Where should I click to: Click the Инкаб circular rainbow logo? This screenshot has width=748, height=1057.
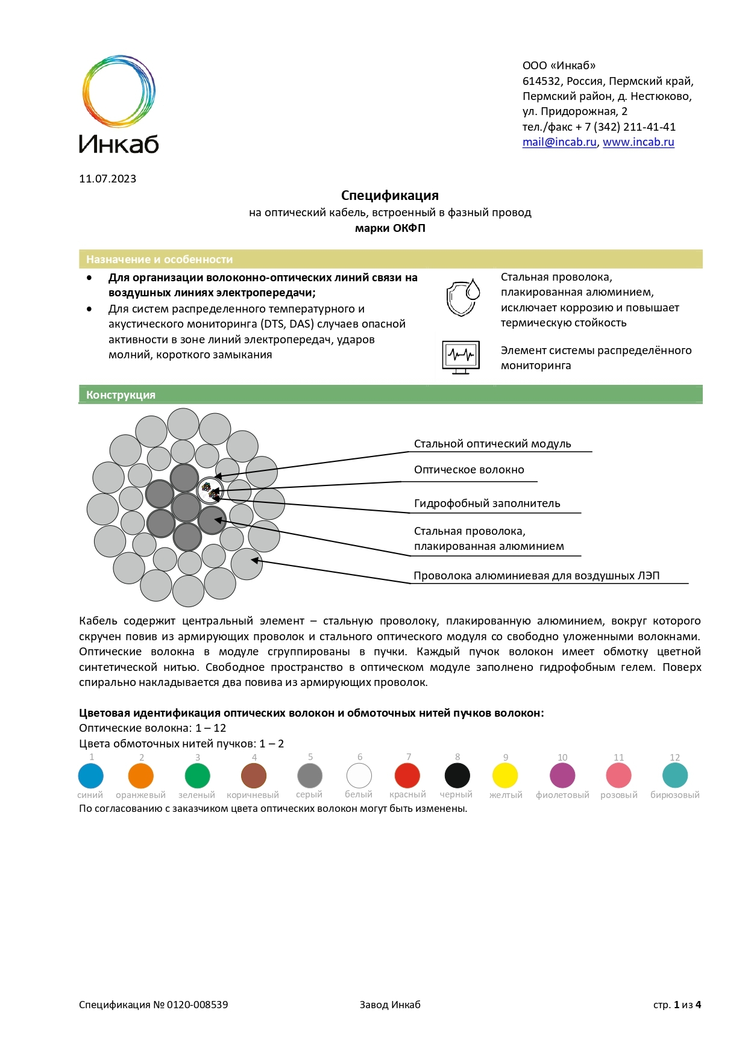point(119,92)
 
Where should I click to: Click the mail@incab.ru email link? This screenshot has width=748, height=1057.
point(559,142)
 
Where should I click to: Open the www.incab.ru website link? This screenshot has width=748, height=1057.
point(638,142)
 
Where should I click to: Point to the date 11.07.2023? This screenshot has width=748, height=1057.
point(107,179)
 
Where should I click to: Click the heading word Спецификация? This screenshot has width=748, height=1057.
point(389,195)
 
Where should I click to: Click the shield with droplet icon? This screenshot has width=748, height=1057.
point(462,297)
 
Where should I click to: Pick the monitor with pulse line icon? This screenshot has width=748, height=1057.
point(460,357)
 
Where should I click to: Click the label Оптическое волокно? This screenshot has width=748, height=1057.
point(469,470)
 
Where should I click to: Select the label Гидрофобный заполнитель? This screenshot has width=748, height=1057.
point(487,504)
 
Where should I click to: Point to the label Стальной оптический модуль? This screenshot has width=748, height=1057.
point(492,444)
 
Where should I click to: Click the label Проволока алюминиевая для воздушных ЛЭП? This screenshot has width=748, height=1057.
point(536,576)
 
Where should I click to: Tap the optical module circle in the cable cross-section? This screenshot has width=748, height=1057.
point(210,490)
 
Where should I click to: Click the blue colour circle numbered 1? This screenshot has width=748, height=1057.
point(91,776)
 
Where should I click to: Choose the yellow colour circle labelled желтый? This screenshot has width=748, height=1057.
point(505,776)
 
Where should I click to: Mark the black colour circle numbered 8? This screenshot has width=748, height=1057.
point(457,776)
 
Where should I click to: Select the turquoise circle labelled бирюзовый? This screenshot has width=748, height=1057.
point(675,776)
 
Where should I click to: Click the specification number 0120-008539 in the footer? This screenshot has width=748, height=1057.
point(197,1005)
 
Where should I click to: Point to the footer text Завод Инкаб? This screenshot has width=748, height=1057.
point(390,1005)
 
